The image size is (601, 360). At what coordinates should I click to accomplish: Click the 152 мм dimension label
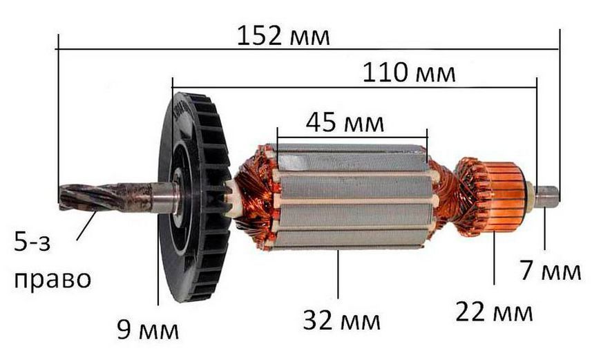coord(283,36)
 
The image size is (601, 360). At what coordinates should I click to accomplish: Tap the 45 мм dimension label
coord(345,123)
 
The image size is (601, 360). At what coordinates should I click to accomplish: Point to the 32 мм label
coord(341,321)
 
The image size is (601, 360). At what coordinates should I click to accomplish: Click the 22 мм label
coord(494,312)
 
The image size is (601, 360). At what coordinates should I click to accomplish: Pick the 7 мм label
coord(551,270)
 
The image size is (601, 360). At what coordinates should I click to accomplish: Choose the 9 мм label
coord(148,330)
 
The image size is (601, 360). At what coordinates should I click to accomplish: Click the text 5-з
coord(32,242)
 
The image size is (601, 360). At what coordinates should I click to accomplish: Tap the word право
coord(53,279)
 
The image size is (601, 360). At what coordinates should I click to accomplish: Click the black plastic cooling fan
coord(194,197)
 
